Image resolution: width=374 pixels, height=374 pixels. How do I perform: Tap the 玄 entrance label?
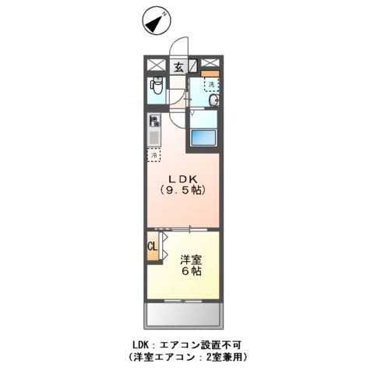click(x=178, y=67)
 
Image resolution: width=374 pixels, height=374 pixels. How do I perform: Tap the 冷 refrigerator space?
click(x=153, y=154)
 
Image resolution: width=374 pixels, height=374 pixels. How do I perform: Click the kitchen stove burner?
click(x=153, y=121)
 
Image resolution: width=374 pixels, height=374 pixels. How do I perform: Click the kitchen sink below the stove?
click(x=153, y=138)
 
